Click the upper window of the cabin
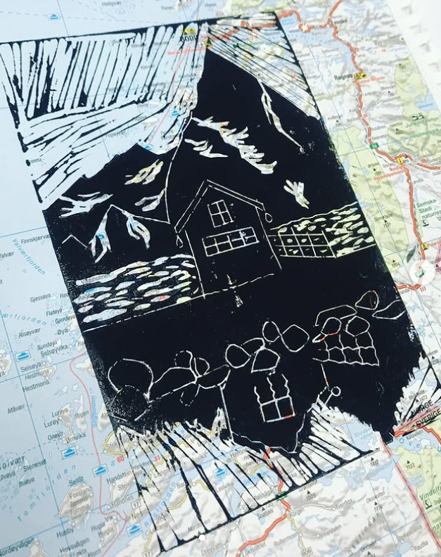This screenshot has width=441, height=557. pyautogui.click(x=220, y=212)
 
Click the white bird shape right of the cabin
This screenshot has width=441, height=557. pyautogui.click(x=297, y=191)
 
